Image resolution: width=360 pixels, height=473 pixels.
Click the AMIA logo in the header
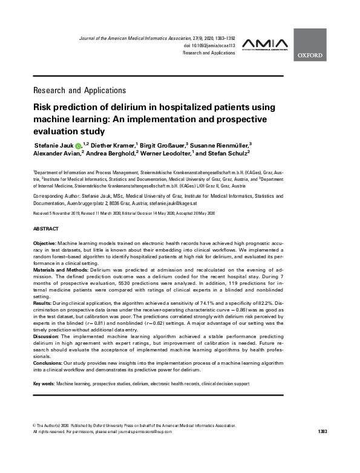[x=264, y=44]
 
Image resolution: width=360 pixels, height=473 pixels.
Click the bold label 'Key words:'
[x=44, y=384]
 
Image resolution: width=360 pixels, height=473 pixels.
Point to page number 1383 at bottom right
[x=322, y=431]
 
